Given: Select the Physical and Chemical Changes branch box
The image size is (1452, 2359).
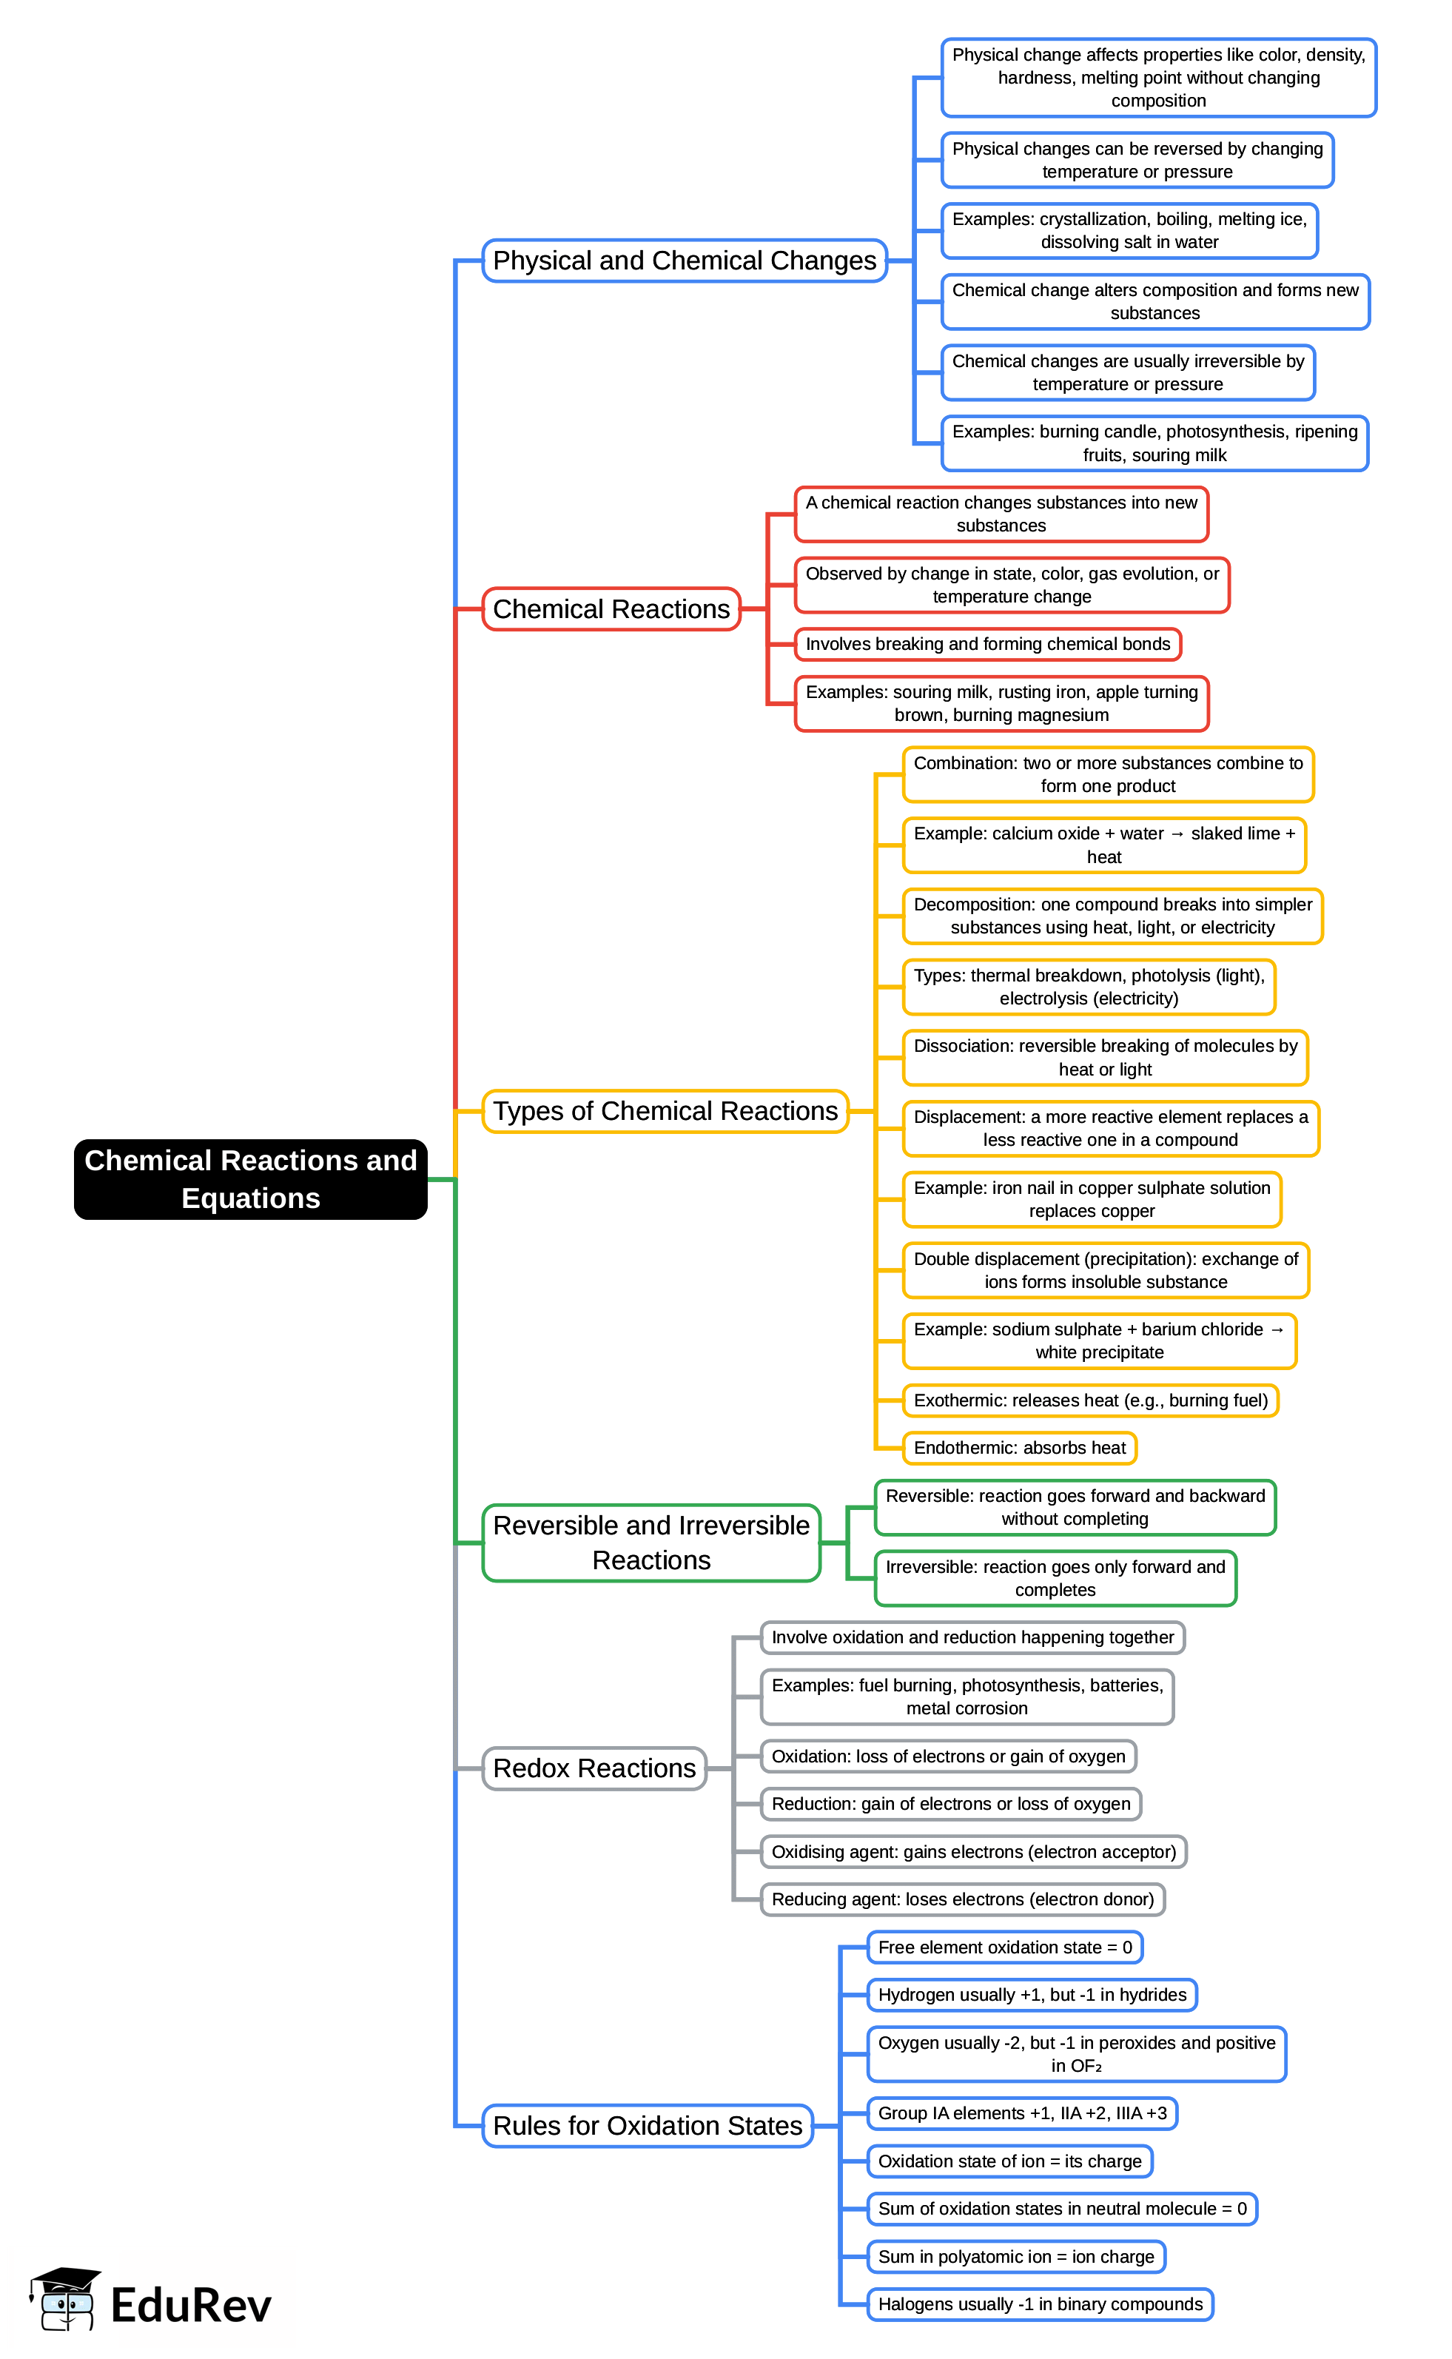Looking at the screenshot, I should click(684, 261).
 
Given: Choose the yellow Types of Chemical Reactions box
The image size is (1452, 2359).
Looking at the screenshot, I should click(665, 1110).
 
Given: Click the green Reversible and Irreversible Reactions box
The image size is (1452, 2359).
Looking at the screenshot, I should click(651, 1542).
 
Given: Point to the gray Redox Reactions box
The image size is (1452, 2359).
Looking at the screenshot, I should click(594, 1768).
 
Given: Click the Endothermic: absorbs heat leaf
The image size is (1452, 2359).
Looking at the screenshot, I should click(1019, 1448).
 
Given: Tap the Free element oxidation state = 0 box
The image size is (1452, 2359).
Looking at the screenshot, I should click(1004, 1947).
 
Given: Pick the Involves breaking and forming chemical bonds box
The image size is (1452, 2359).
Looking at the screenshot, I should click(987, 643).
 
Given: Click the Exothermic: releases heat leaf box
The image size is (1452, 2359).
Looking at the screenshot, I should click(1090, 1400).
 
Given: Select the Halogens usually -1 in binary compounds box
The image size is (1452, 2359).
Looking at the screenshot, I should click(1040, 2303).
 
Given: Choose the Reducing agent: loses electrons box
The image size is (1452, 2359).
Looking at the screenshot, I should click(962, 1899).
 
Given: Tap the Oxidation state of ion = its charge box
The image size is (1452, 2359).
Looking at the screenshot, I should click(1009, 2161).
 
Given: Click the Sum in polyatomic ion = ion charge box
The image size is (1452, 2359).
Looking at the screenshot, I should click(1016, 2256).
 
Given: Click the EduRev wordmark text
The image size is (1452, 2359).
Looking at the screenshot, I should click(190, 2305).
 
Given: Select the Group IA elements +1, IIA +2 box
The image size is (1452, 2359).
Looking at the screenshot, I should click(1022, 2113).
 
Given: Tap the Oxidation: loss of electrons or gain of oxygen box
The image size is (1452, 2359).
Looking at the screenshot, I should click(948, 1756).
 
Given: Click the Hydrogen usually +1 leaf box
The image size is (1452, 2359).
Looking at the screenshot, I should click(1032, 1995).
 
